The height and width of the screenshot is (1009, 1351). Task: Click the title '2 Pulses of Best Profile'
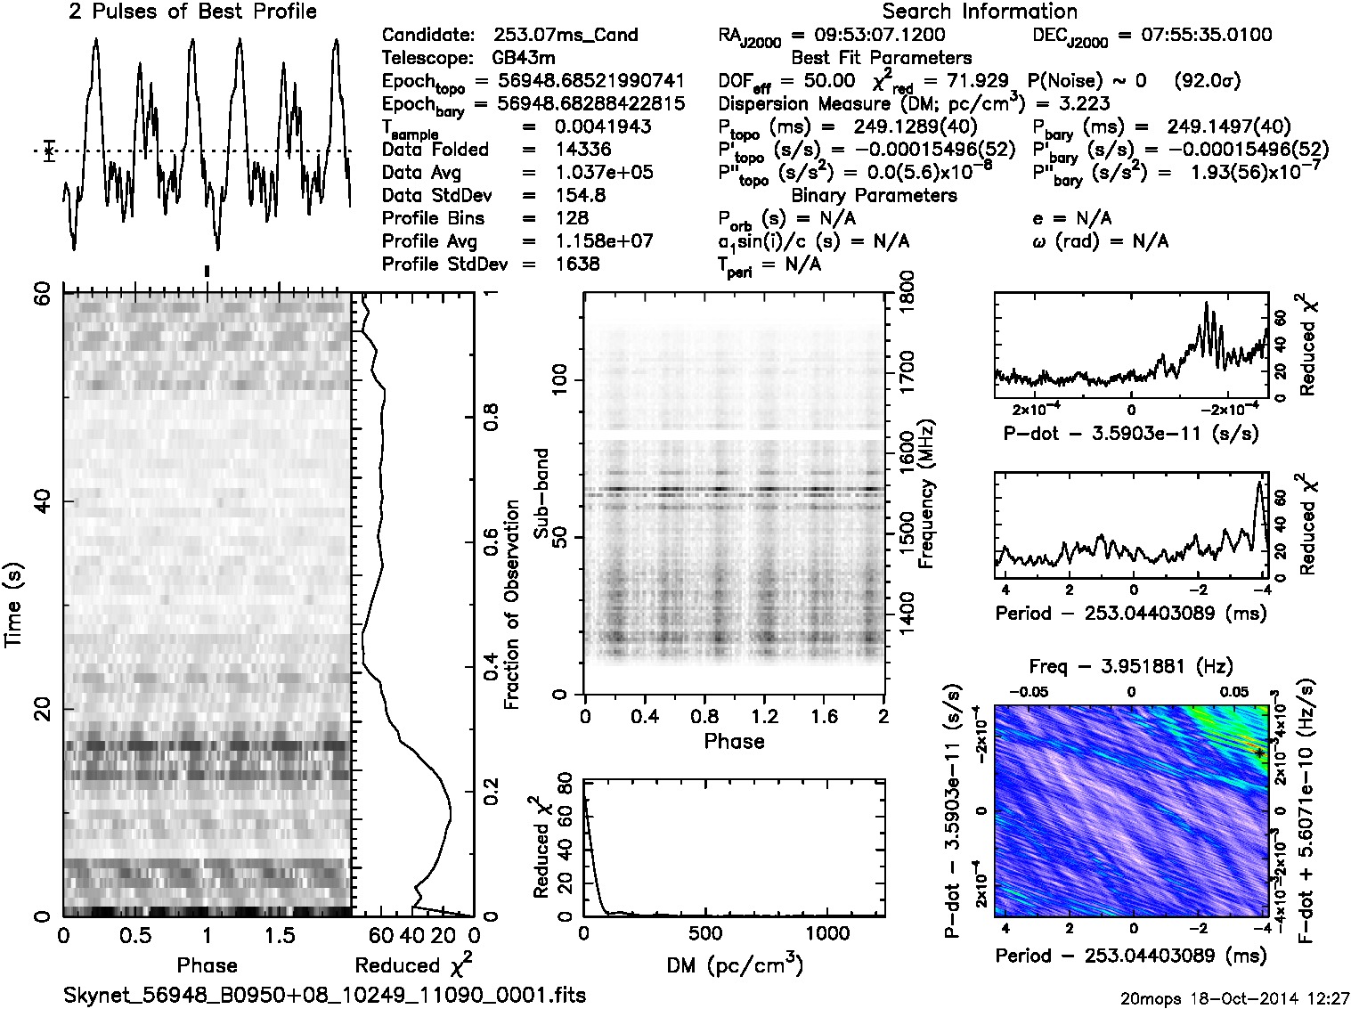click(192, 12)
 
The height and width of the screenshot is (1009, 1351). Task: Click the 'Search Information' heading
click(979, 12)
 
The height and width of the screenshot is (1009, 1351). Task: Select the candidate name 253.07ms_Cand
click(566, 36)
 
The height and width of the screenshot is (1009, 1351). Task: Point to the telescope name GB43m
click(525, 59)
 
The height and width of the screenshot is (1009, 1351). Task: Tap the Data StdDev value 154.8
click(579, 195)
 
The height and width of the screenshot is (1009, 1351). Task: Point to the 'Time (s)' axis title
click(13, 605)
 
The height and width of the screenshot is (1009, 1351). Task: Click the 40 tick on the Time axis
click(40, 503)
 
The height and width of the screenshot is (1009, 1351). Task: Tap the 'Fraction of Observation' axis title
click(512, 605)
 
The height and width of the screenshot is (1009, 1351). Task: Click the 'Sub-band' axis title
click(541, 492)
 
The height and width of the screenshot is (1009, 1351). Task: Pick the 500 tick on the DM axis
click(705, 933)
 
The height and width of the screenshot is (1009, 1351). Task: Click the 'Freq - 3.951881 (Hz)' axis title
click(1131, 666)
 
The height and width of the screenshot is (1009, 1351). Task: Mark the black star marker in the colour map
click(1259, 753)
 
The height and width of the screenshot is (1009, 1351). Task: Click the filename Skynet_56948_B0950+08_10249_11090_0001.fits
click(325, 995)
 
